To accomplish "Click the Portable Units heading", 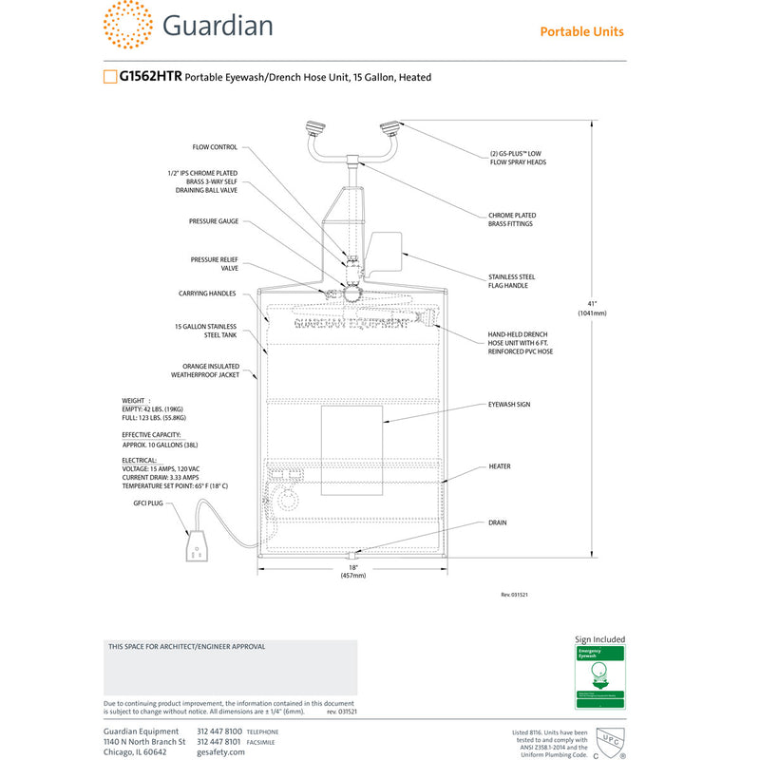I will tap(581, 31).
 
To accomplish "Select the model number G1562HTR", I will tap(150, 77).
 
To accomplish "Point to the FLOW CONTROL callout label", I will tap(215, 147).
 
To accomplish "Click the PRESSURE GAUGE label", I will tap(214, 221).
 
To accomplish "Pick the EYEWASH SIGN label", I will tap(509, 405).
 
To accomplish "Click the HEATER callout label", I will tap(500, 466).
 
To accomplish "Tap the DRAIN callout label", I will tap(498, 522).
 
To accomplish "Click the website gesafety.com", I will tap(220, 751).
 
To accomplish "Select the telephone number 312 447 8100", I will tap(219, 731).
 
